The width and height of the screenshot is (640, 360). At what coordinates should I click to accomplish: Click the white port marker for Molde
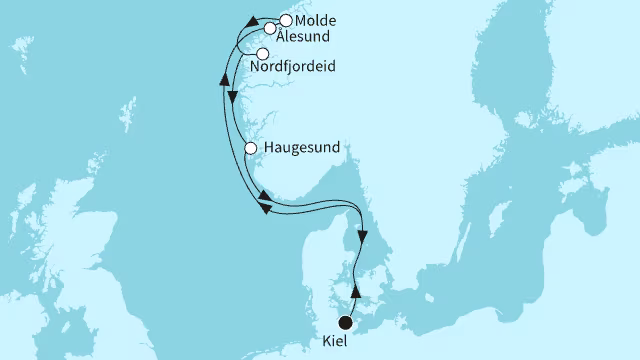coord(286,20)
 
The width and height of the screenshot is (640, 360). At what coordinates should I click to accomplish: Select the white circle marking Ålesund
coord(270,29)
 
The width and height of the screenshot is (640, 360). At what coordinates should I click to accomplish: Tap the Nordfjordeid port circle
coord(263,54)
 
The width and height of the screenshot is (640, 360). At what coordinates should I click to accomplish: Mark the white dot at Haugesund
coord(250,150)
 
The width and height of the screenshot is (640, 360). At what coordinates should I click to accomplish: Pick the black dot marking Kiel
coord(346,322)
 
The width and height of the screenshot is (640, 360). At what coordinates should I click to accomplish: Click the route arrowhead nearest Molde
coord(251,21)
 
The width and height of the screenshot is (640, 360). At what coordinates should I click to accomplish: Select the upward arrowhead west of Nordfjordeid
coord(225,90)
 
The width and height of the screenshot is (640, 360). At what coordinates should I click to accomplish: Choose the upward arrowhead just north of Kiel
coord(355,289)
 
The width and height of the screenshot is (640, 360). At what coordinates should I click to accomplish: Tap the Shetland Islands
coord(131,110)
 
